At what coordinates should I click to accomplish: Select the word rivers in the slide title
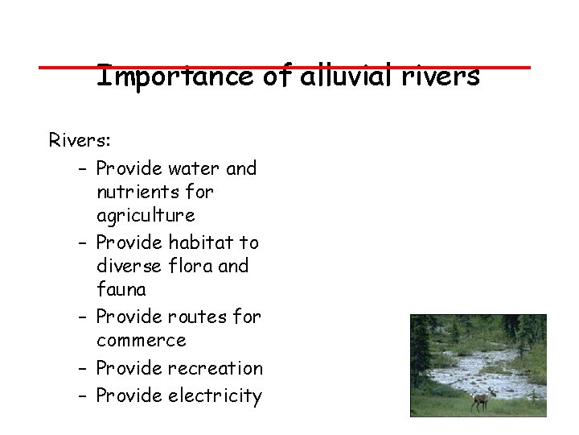[439, 77]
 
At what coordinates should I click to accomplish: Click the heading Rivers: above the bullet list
[80, 140]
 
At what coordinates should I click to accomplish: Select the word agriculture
[145, 217]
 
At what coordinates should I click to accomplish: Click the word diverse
[129, 266]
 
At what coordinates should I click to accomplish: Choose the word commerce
[141, 341]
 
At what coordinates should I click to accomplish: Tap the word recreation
[213, 368]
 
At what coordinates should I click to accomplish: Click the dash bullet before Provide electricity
[84, 396]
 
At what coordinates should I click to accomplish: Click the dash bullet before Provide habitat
[84, 242]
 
